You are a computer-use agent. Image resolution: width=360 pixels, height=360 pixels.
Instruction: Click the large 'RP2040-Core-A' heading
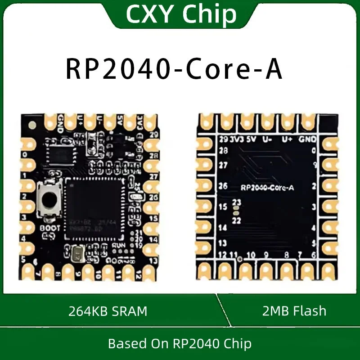tap(174, 68)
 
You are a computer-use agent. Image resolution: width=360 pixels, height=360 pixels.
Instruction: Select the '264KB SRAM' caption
tap(108, 311)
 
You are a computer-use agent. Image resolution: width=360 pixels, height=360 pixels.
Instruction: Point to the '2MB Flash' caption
tap(294, 311)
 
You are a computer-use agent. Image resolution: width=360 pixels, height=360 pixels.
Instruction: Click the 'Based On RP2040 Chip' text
tap(180, 344)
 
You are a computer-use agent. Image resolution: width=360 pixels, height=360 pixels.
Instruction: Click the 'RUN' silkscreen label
tap(118, 245)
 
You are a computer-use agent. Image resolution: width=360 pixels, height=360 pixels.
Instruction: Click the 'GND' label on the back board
tap(307, 139)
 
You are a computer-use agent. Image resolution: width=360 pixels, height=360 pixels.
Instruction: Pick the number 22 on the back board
tap(237, 220)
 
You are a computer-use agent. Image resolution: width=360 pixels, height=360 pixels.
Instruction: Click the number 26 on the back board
tap(222, 186)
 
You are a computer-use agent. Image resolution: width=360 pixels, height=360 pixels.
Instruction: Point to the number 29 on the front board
tap(154, 135)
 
